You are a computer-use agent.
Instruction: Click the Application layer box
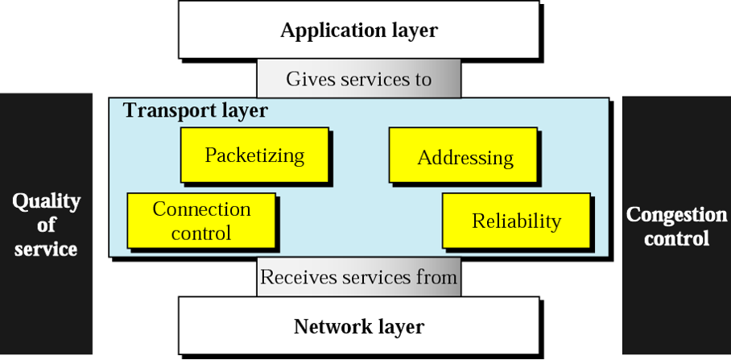tap(358, 31)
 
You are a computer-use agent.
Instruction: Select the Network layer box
tap(358, 327)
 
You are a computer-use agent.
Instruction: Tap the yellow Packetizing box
tap(254, 155)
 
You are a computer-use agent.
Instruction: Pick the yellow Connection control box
tap(201, 221)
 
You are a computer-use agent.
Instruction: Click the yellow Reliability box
tap(516, 221)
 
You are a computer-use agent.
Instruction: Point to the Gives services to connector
tap(358, 79)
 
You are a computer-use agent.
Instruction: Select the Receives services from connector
tap(358, 278)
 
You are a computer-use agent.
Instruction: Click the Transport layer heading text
tap(195, 110)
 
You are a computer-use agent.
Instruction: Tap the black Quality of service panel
tap(45, 225)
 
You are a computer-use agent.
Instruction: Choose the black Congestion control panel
tap(676, 226)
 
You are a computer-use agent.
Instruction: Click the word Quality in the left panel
tap(46, 201)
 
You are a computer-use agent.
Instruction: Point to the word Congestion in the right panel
tap(676, 215)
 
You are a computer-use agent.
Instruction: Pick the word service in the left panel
tap(46, 249)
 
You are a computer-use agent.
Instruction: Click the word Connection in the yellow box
tap(201, 210)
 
